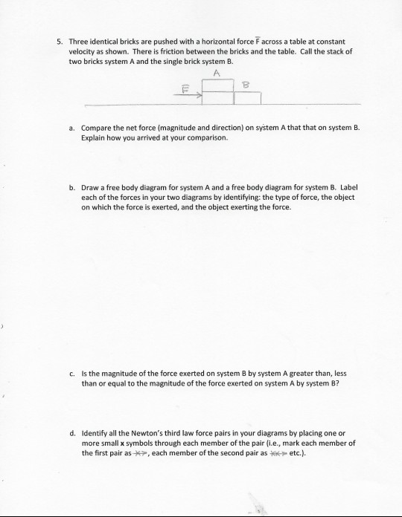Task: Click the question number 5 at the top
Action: [59, 42]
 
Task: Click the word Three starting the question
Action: [80, 42]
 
